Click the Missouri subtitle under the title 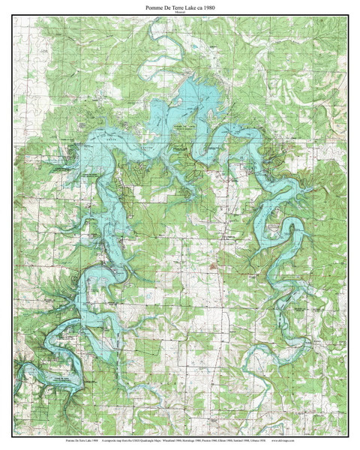tap(180, 13)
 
